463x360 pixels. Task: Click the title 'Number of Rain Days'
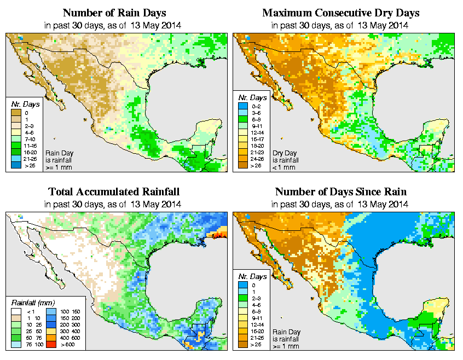[114, 13]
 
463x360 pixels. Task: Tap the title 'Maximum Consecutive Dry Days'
[340, 13]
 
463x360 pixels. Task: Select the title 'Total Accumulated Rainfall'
[114, 192]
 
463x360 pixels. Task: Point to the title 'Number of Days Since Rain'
[340, 192]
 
